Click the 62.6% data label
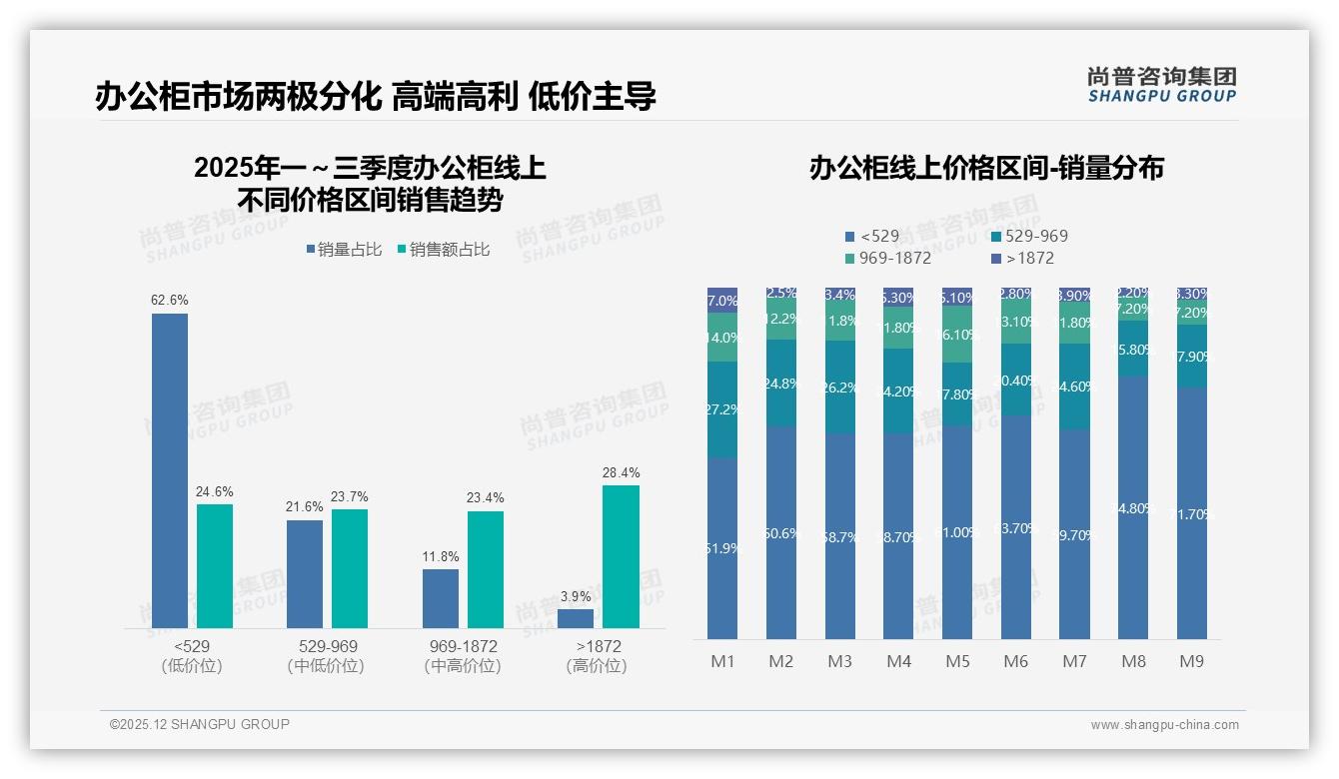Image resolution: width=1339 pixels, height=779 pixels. coord(170,300)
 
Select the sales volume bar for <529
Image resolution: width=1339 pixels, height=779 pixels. coord(170,469)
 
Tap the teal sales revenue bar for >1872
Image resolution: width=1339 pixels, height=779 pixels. coord(621,556)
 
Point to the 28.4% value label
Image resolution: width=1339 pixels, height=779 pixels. coord(621,472)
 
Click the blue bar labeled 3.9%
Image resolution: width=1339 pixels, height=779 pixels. coord(576,618)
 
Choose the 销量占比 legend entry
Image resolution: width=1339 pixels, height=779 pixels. coord(344,250)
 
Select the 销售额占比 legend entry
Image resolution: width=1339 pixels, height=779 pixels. coord(444,250)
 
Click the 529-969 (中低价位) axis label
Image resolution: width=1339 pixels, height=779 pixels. coord(327,656)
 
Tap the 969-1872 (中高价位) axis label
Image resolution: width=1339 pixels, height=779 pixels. coord(462,656)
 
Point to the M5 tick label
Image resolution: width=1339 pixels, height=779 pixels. coord(957,661)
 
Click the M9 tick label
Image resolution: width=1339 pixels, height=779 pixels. coord(1191,661)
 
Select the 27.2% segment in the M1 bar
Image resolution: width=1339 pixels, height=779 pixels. coord(722,409)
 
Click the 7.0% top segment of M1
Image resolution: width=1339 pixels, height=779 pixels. coord(722,301)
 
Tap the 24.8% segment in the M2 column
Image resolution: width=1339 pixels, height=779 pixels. coord(781,383)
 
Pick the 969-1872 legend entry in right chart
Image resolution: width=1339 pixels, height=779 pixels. coord(888,258)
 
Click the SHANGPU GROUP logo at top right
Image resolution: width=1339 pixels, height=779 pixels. coord(1161,85)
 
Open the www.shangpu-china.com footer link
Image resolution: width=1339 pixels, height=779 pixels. coord(1164,725)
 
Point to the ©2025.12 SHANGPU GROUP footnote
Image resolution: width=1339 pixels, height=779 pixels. coord(200,724)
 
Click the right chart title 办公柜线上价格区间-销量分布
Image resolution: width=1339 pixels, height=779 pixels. coord(986,168)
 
